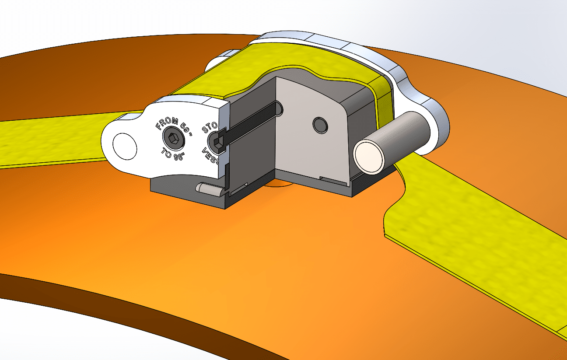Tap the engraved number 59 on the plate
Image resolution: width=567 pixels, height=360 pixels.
186,130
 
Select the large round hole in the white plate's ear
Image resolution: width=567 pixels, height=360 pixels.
125,146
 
